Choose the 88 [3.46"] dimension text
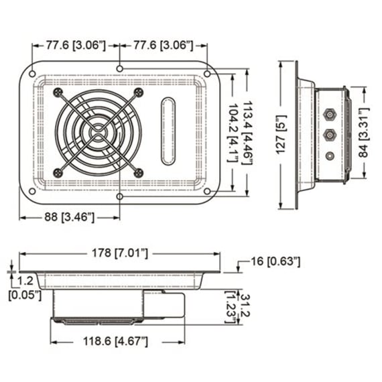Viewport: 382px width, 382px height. coord(69,216)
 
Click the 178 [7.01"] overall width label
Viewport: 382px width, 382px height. coord(120,253)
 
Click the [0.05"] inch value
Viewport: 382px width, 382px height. coord(25,294)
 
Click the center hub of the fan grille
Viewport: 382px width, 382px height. coord(99,132)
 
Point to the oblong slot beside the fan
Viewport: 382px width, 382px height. coord(168,131)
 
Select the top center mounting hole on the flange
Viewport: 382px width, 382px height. coord(119,68)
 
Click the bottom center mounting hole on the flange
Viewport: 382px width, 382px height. coord(119,197)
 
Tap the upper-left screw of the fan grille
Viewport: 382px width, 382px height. coord(59,92)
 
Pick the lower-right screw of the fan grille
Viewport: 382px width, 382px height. coord(139,172)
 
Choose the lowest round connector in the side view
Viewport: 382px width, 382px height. coord(328,156)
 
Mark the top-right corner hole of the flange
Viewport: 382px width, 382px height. coord(207,72)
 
